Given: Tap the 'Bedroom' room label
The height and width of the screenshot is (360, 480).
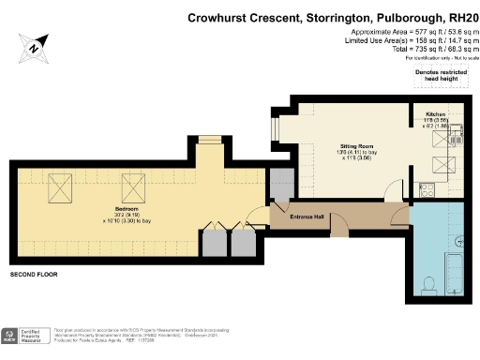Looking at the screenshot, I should pyautogui.click(x=127, y=207).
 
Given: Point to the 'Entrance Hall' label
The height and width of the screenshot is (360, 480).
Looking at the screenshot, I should pyautogui.click(x=307, y=217).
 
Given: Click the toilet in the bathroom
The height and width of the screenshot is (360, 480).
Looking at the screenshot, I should pyautogui.click(x=429, y=284).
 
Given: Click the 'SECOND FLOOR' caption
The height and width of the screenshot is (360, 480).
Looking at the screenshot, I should pyautogui.click(x=34, y=275).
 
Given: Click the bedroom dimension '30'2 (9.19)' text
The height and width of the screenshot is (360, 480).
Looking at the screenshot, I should pyautogui.click(x=127, y=214).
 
